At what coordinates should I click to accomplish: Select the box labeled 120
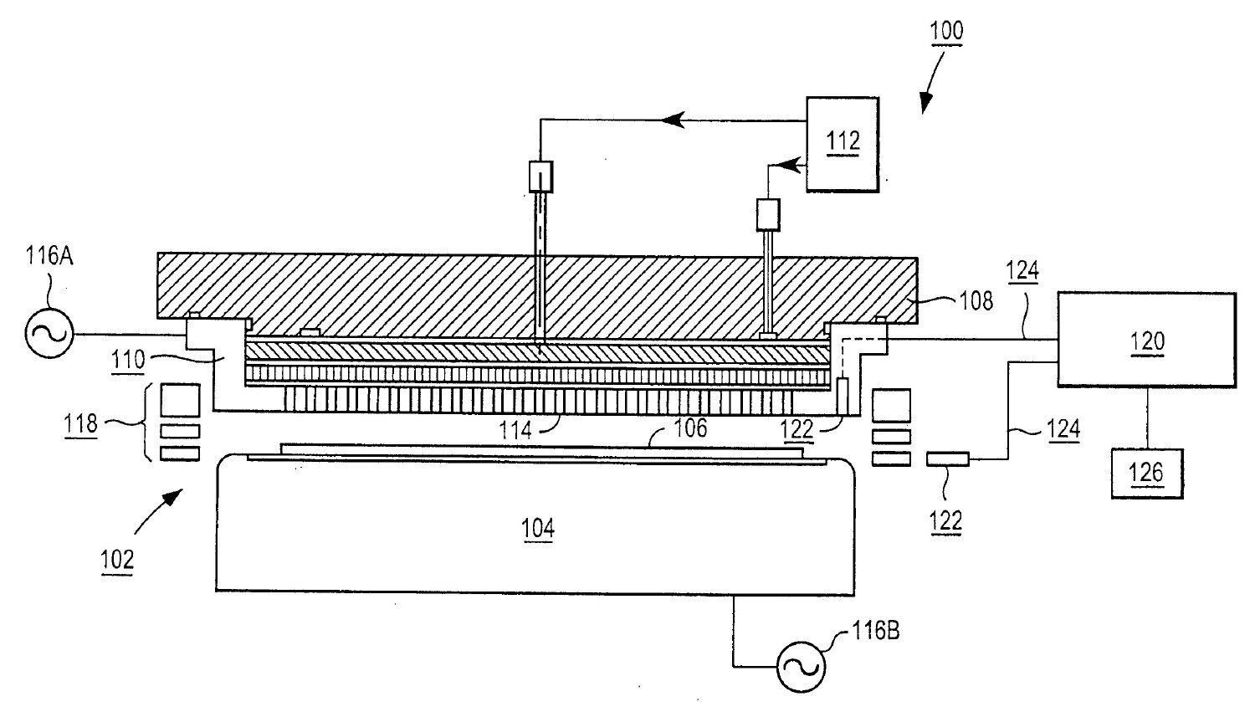(x=1146, y=340)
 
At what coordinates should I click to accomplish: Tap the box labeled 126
(x=1146, y=474)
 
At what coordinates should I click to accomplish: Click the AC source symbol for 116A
(x=48, y=334)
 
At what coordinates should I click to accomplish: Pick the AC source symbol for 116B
(x=801, y=667)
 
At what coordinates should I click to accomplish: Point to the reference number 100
(x=945, y=32)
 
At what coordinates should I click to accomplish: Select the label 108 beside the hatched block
(x=976, y=300)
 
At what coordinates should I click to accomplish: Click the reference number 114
(x=515, y=430)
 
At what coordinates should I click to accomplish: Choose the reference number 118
(x=81, y=423)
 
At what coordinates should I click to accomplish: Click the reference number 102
(x=117, y=558)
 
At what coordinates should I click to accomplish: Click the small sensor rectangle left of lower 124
(x=948, y=458)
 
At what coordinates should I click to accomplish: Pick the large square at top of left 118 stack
(x=180, y=400)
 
